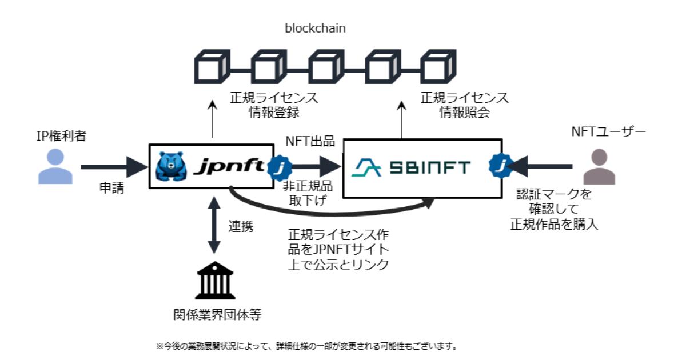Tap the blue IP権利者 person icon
(x=56, y=168)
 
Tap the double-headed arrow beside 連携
(x=214, y=225)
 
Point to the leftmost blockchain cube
(x=213, y=68)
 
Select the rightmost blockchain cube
(x=438, y=68)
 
